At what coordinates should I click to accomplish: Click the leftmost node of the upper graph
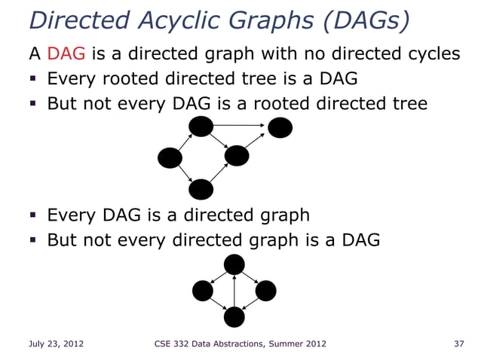point(170,158)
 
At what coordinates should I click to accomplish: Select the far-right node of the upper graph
point(280,128)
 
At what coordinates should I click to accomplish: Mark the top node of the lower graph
point(234,264)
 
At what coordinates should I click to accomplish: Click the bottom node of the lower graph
point(234,317)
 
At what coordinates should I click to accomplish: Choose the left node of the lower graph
point(203,290)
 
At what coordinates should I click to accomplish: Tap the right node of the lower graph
point(266,290)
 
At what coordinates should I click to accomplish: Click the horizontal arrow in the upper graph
point(240,125)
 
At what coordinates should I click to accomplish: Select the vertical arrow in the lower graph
point(234,291)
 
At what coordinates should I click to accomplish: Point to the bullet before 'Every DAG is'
point(35,217)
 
